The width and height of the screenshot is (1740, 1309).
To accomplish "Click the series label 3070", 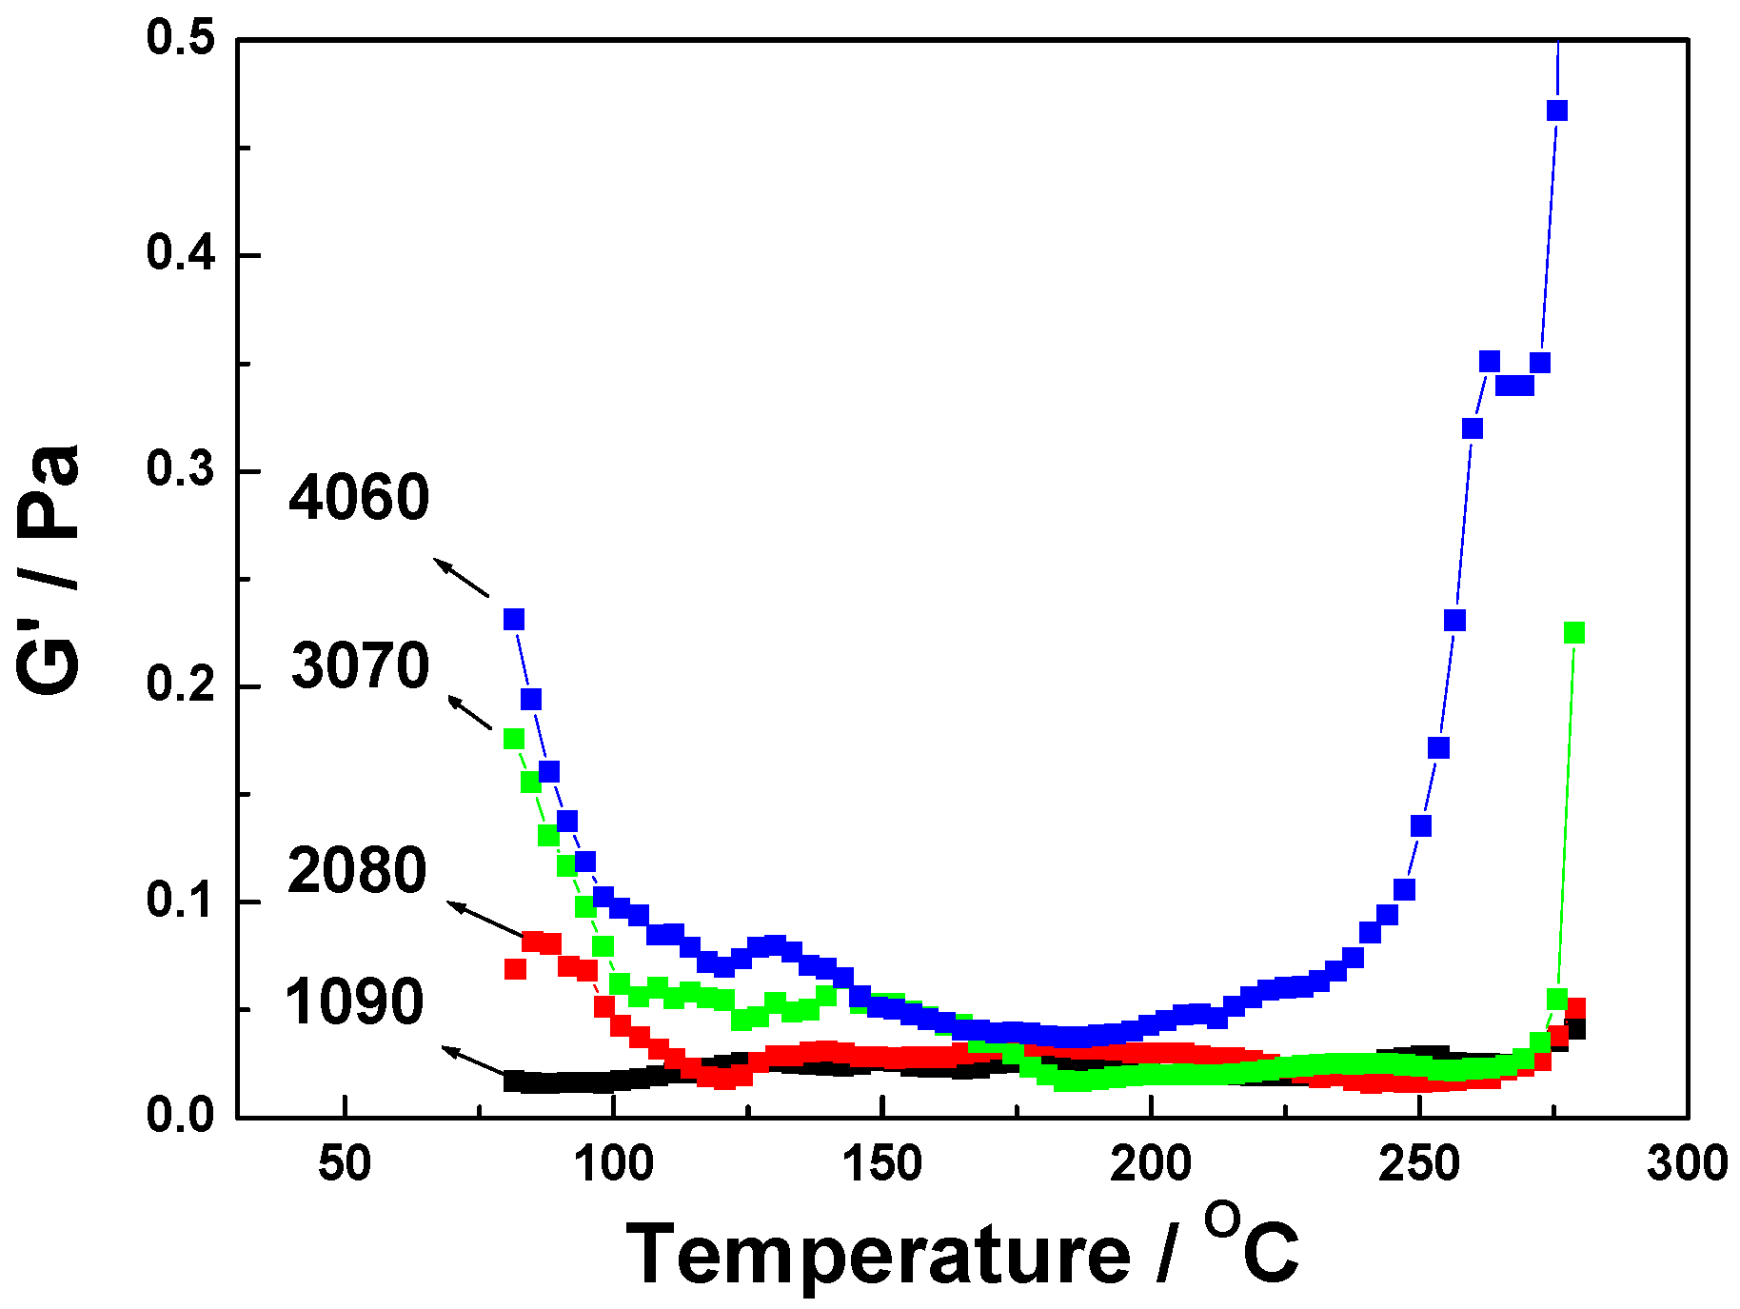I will point(360,665).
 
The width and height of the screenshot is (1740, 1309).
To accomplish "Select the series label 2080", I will point(357,871).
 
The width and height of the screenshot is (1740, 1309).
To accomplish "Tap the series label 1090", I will point(354,1002).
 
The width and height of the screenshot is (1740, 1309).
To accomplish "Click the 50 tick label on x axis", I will point(345,1164).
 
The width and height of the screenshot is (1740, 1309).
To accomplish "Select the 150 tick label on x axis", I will point(882,1164).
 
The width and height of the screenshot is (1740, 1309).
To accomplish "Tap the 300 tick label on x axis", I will point(1687,1164).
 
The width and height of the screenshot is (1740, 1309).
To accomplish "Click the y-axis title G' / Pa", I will point(49,569).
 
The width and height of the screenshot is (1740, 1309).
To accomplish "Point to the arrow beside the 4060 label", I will point(462,578).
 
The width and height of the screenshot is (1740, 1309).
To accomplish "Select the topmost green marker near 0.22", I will point(1574,633).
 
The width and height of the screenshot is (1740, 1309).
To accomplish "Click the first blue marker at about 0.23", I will point(514,620).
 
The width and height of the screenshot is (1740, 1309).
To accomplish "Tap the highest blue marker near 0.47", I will point(1557,110).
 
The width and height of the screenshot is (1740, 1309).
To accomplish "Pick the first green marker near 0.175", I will point(514,739).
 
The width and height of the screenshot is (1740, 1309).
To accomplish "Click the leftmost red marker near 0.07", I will point(515,969).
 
